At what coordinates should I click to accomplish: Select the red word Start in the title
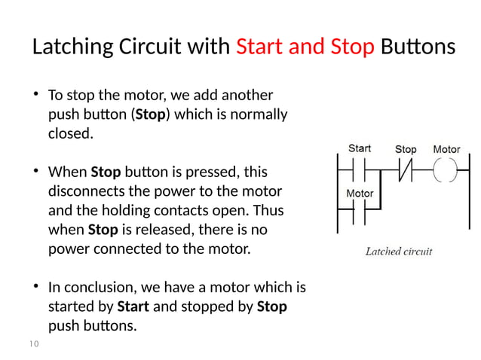click(261, 48)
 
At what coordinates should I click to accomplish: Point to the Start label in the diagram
click(359, 148)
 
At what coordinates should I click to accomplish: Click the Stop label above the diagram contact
click(406, 149)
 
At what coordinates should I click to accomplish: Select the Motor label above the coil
click(446, 149)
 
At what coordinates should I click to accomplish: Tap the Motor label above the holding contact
click(360, 194)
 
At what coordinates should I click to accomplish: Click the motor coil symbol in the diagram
click(446, 169)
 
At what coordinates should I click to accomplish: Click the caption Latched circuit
click(399, 252)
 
